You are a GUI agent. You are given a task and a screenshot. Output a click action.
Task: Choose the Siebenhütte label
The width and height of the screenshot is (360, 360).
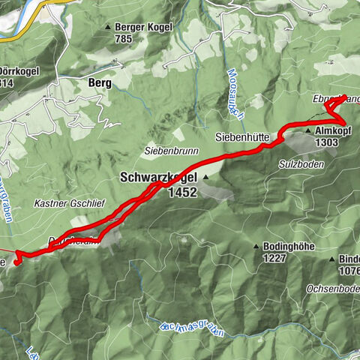click(x=239, y=136)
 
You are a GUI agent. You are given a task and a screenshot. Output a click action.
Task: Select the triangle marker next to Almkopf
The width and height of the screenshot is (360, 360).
click(x=307, y=130)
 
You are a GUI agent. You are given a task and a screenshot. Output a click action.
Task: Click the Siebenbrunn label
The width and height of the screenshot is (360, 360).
click(x=172, y=151)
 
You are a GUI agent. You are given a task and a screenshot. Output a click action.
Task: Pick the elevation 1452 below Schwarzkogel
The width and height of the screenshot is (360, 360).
click(x=182, y=192)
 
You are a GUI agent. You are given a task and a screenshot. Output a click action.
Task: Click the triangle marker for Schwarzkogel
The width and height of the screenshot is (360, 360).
click(x=203, y=178)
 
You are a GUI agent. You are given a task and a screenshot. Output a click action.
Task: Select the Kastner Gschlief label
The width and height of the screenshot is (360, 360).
click(x=63, y=202)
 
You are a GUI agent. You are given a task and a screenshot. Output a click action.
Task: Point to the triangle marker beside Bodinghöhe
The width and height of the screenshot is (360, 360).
click(x=256, y=247)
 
